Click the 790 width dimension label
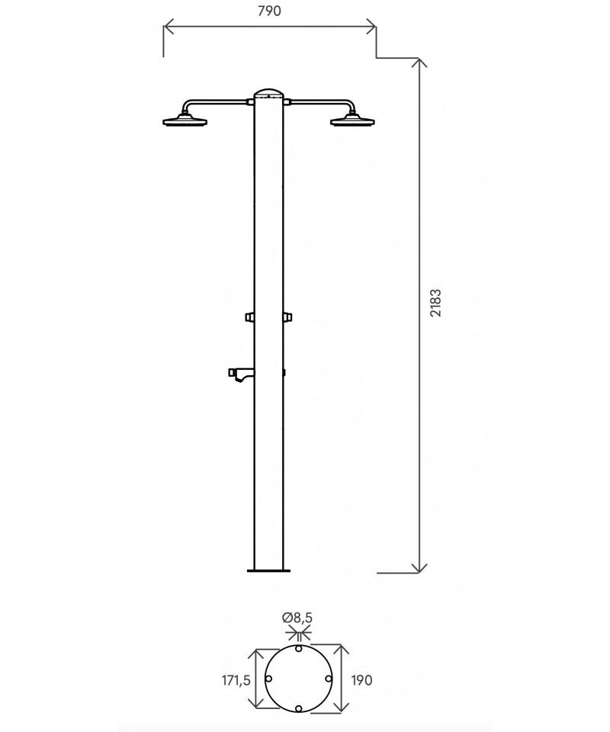pos(269,11)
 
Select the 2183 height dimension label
pos(435,303)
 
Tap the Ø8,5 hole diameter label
pos(297,618)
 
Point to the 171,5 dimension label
pos(236,680)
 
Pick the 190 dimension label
pos(361,680)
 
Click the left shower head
pos(185,120)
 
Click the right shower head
pos(352,120)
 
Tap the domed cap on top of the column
pos(268,93)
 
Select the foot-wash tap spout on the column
pos(241,374)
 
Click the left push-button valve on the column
pos(249,317)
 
